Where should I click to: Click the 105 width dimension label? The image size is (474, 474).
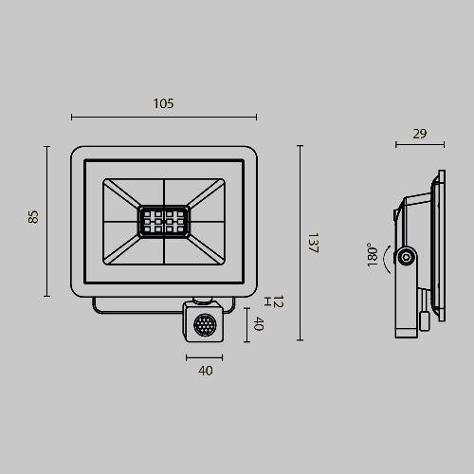163,103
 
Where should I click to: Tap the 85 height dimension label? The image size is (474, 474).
33,217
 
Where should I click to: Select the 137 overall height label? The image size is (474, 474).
313,243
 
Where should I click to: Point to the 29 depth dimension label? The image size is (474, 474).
420,134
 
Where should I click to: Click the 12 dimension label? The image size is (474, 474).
278,301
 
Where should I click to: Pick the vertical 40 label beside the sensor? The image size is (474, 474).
259,323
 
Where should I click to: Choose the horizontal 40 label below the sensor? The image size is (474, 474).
206,371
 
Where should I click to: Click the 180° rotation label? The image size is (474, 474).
373,255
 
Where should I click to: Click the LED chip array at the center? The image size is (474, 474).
164,222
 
